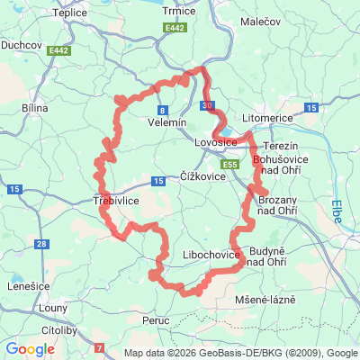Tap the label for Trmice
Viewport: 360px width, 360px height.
(x=181, y=11)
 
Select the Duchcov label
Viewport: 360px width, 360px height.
(x=19, y=41)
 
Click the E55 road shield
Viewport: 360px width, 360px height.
(x=230, y=166)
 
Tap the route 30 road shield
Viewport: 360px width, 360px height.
(x=208, y=106)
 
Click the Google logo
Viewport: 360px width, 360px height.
(x=30, y=348)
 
